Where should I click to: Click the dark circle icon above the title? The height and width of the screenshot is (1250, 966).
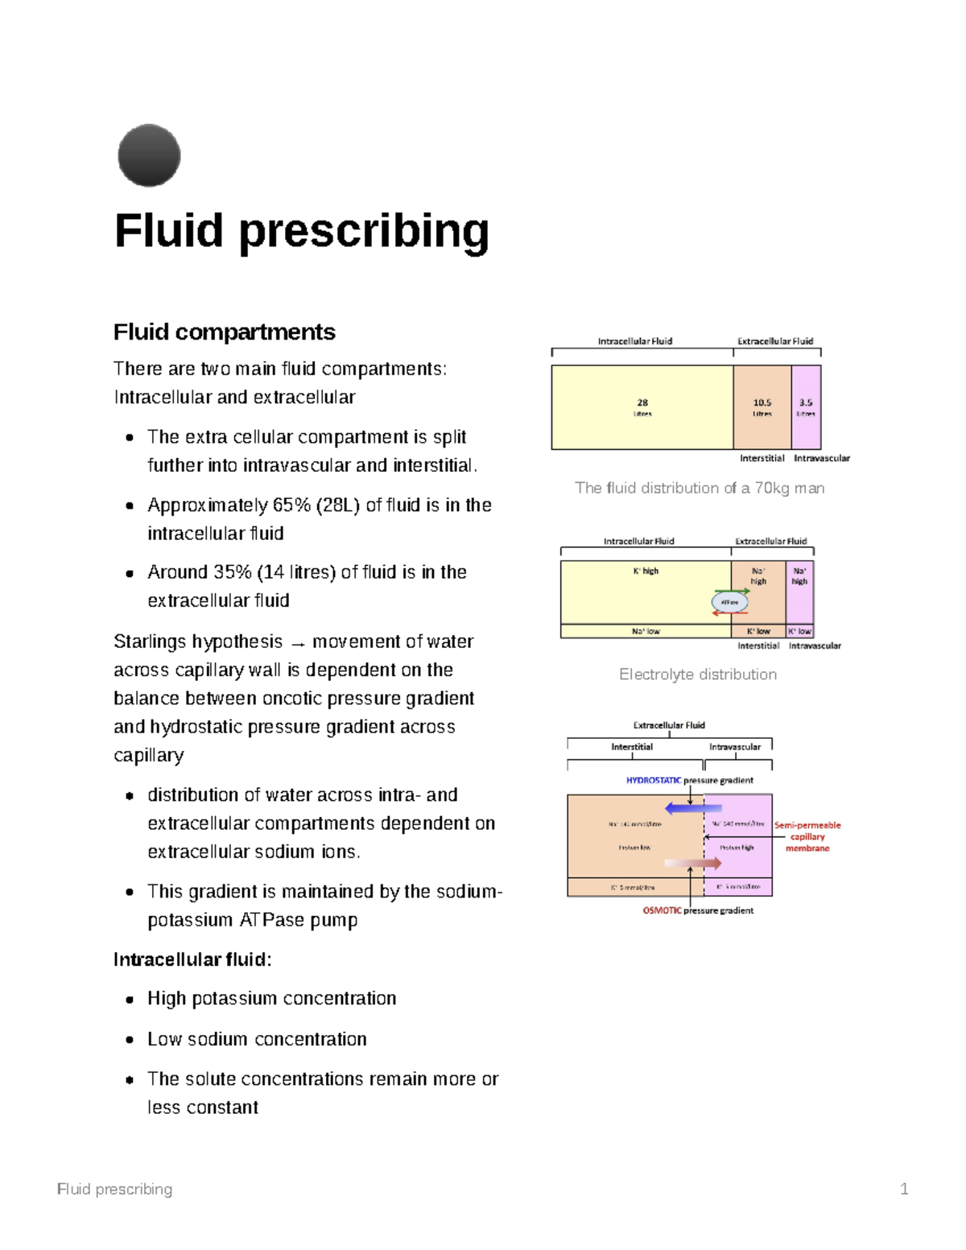click(x=149, y=155)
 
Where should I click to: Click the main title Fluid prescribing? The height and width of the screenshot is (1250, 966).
click(x=301, y=231)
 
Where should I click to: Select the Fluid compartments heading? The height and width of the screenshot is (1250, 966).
click(x=224, y=332)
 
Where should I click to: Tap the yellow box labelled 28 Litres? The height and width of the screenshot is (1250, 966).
click(x=642, y=406)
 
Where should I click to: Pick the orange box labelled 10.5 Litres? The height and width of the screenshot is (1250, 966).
click(x=762, y=406)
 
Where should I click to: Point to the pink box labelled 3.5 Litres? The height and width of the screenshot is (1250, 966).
click(x=806, y=406)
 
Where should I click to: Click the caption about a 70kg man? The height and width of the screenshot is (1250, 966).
click(x=699, y=488)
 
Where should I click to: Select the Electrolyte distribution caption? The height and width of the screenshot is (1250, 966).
click(x=697, y=675)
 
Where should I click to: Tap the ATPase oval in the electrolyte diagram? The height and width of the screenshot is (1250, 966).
click(x=729, y=602)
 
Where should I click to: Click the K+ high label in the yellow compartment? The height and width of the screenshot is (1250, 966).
click(x=646, y=571)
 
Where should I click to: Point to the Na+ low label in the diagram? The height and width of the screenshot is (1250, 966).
click(x=646, y=631)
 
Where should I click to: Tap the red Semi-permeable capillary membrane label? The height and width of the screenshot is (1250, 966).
click(x=807, y=836)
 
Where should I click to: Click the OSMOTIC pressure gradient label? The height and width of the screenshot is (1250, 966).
click(x=697, y=910)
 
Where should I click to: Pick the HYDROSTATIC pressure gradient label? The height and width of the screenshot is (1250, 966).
click(x=689, y=780)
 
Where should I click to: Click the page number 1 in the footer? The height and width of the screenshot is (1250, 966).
click(x=904, y=1189)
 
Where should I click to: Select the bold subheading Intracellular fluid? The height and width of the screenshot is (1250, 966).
click(x=192, y=959)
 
